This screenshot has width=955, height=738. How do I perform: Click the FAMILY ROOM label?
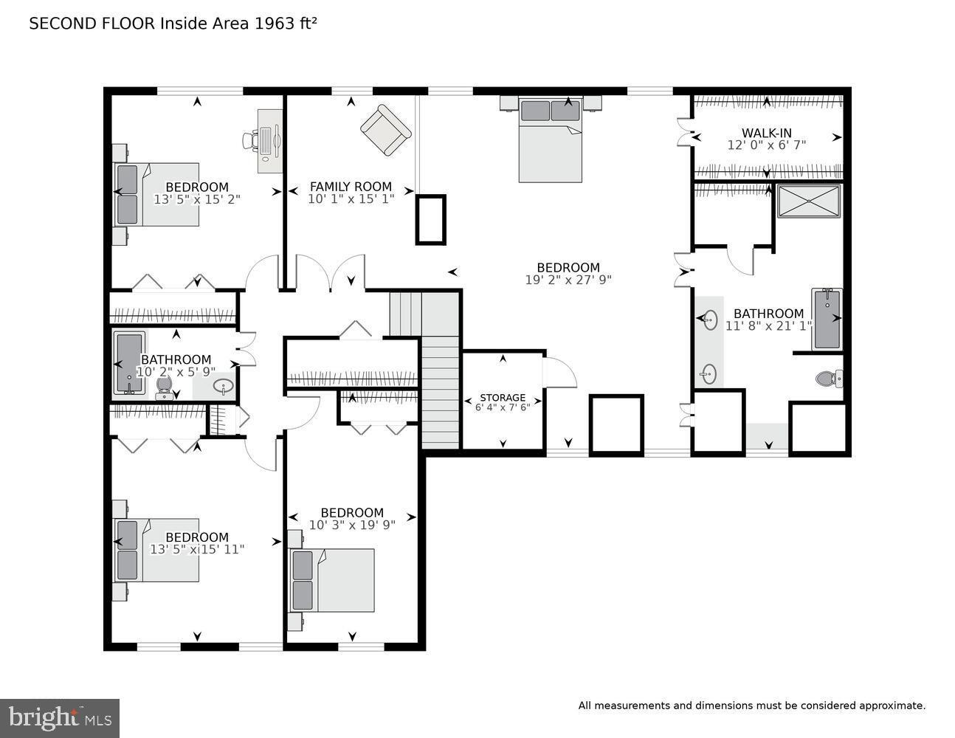click(351, 187)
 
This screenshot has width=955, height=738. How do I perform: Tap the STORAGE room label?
click(503, 398)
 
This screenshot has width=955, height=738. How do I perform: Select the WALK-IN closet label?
click(767, 134)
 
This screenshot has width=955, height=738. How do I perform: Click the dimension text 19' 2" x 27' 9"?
click(568, 280)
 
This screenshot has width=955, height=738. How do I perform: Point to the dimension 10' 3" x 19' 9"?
click(352, 525)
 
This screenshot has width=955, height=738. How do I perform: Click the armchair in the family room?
click(385, 130)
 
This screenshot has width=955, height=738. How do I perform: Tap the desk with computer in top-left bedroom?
click(269, 140)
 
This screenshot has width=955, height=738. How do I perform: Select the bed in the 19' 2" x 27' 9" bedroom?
click(551, 140)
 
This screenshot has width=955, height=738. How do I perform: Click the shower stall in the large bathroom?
click(808, 201)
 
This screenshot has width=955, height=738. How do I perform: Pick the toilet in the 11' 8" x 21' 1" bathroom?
click(828, 379)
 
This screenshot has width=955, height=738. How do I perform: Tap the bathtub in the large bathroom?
click(827, 319)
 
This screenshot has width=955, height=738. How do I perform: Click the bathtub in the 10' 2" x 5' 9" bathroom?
click(130, 363)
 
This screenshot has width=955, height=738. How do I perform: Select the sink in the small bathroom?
click(223, 386)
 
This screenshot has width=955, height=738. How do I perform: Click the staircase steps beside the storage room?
click(440, 391)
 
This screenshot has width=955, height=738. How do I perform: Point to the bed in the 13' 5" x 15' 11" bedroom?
click(156, 550)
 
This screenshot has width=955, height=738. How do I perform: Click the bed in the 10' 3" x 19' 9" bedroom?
click(333, 580)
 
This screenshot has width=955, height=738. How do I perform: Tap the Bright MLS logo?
click(60, 717)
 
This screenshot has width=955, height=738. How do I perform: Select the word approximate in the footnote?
click(891, 706)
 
